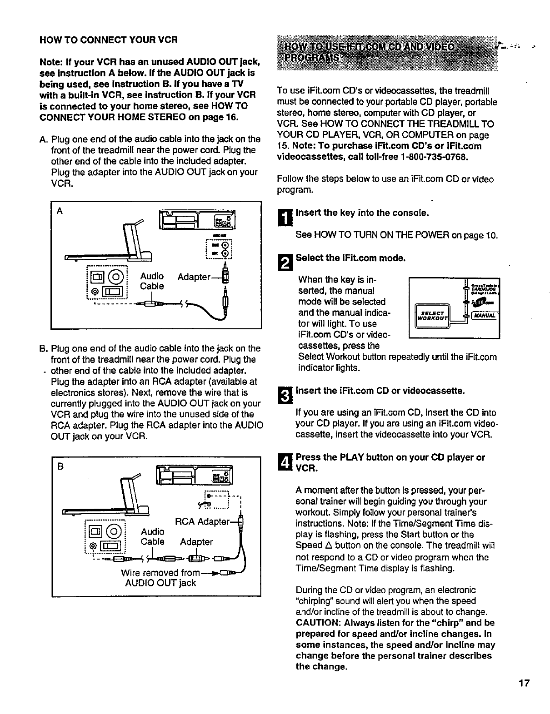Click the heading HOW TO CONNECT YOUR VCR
click(108, 40)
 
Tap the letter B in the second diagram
click(60, 466)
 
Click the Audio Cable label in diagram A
click(152, 281)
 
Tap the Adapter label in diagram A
click(194, 277)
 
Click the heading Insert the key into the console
click(362, 213)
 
